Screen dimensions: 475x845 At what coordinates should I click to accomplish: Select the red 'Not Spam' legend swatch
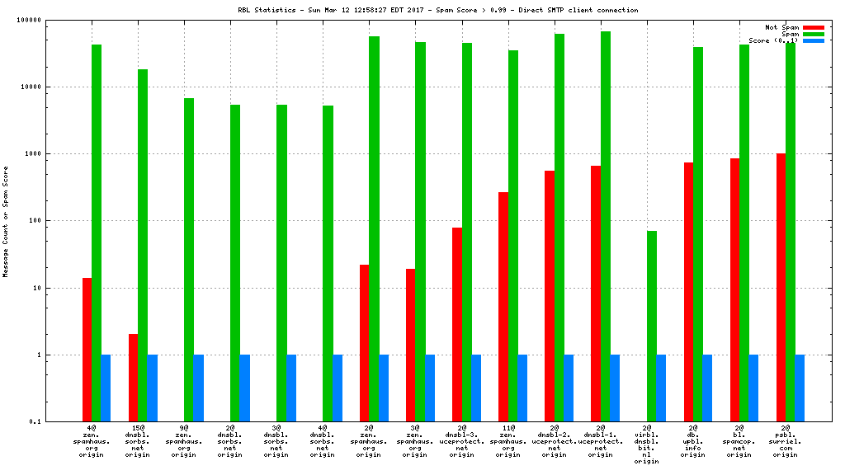pyautogui.click(x=813, y=27)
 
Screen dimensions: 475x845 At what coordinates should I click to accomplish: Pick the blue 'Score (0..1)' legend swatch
pyautogui.click(x=813, y=40)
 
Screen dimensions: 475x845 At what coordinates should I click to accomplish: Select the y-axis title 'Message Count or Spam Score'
pyautogui.click(x=7, y=221)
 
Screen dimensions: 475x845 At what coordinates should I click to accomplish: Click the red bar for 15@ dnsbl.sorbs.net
pyautogui.click(x=133, y=378)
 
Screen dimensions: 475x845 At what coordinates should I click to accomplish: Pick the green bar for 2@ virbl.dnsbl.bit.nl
pyautogui.click(x=652, y=327)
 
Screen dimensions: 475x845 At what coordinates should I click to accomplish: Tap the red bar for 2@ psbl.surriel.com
pyautogui.click(x=781, y=288)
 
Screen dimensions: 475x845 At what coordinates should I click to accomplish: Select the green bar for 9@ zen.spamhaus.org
pyautogui.click(x=189, y=260)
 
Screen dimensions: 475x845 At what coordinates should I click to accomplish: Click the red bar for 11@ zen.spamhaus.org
pyautogui.click(x=503, y=307)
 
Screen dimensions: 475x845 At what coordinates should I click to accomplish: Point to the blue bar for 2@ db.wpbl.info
pyautogui.click(x=707, y=388)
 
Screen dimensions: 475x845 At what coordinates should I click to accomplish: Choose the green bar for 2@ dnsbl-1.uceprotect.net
pyautogui.click(x=606, y=227)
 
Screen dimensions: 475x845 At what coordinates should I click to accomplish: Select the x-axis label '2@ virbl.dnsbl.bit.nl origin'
pyautogui.click(x=647, y=444)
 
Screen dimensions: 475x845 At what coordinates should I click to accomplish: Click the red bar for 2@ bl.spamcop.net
pyautogui.click(x=734, y=290)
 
